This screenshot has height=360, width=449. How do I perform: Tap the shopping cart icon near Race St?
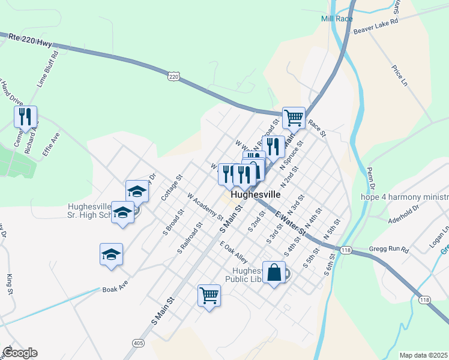[x=294, y=117]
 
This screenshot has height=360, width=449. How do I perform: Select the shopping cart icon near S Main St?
[x=209, y=295]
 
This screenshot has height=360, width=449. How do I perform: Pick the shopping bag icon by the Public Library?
[x=274, y=272]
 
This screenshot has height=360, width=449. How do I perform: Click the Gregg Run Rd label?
[x=388, y=249]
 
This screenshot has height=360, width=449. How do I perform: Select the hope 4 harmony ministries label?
[x=404, y=197]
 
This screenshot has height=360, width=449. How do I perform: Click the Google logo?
[x=19, y=353]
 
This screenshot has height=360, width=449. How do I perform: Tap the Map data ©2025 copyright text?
[x=423, y=355]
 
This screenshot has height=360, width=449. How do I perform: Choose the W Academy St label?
[x=205, y=206]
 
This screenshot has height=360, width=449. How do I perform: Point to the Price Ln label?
[x=399, y=76]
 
